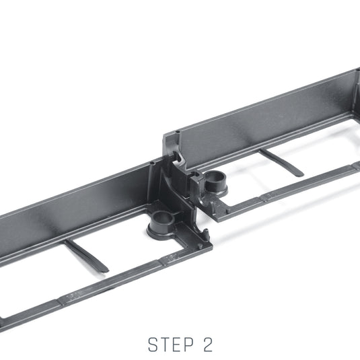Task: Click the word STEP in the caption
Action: coord(171,345)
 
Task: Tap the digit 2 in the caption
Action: coord(207,345)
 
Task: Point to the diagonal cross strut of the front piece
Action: coord(86,256)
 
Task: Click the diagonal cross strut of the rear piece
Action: coord(282,163)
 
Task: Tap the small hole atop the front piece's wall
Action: coord(152,164)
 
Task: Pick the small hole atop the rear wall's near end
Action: coord(177,132)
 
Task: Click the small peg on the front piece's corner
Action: coord(200,246)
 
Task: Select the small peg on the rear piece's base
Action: coord(228,211)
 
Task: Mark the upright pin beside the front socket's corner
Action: coord(206,233)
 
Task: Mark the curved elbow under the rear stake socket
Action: coord(208,202)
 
